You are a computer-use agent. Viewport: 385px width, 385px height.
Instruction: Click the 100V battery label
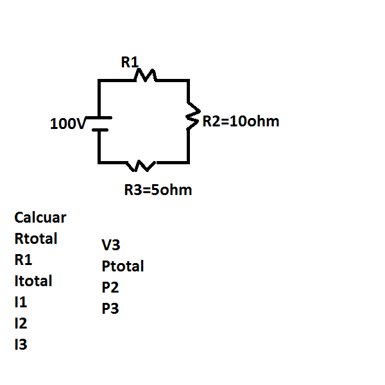tap(67, 124)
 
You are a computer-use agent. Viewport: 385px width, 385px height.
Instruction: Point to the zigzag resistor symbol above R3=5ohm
tap(141, 166)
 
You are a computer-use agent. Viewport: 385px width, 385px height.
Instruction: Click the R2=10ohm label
tap(241, 121)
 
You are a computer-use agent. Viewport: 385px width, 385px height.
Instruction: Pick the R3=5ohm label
tap(158, 191)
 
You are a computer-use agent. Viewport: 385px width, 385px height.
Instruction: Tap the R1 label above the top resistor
tap(130, 62)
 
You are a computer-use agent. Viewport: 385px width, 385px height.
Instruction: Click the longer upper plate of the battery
tap(99, 118)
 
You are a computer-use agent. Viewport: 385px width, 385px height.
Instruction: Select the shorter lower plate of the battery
tap(99, 129)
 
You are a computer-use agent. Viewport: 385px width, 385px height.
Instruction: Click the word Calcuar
tap(40, 218)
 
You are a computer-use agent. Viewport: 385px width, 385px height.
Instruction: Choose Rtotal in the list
tap(36, 239)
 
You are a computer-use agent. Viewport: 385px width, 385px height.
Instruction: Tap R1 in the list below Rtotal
tap(23, 260)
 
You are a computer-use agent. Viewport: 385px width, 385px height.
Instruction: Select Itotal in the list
tap(33, 281)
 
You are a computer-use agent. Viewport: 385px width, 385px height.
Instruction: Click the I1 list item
tap(21, 302)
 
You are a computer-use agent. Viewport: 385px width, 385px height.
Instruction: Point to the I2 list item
tap(21, 323)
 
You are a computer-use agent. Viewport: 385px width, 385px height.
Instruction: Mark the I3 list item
tap(21, 345)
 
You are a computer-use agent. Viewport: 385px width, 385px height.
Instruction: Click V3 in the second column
tap(111, 244)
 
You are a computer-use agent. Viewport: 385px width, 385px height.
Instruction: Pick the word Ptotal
tap(123, 266)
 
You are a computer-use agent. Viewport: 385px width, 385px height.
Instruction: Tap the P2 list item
tap(110, 287)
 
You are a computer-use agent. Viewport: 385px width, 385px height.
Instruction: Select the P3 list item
tap(110, 309)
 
